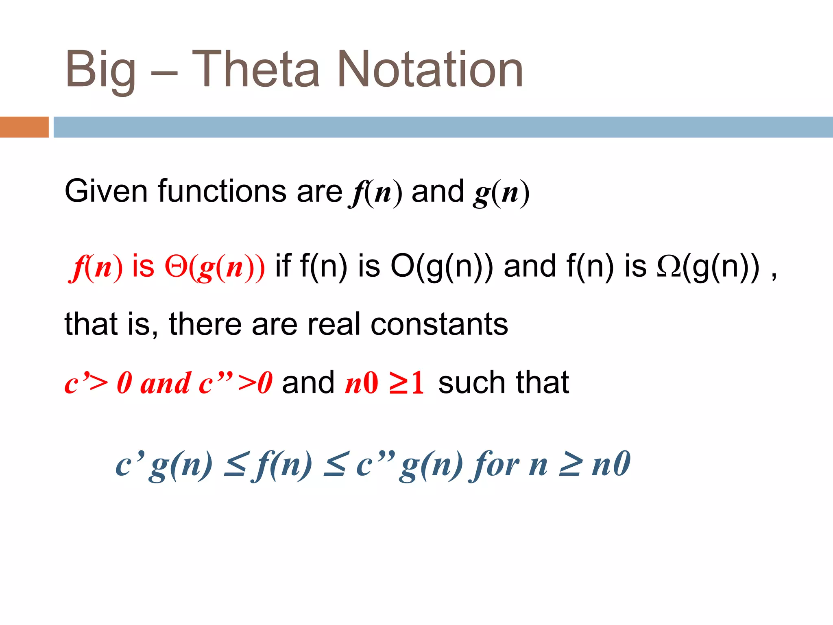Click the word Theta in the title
point(255,69)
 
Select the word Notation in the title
point(430,69)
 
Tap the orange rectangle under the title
point(24,127)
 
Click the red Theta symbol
point(176,267)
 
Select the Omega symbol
point(668,267)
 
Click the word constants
point(439,325)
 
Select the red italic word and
point(165,383)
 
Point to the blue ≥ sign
point(569,465)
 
